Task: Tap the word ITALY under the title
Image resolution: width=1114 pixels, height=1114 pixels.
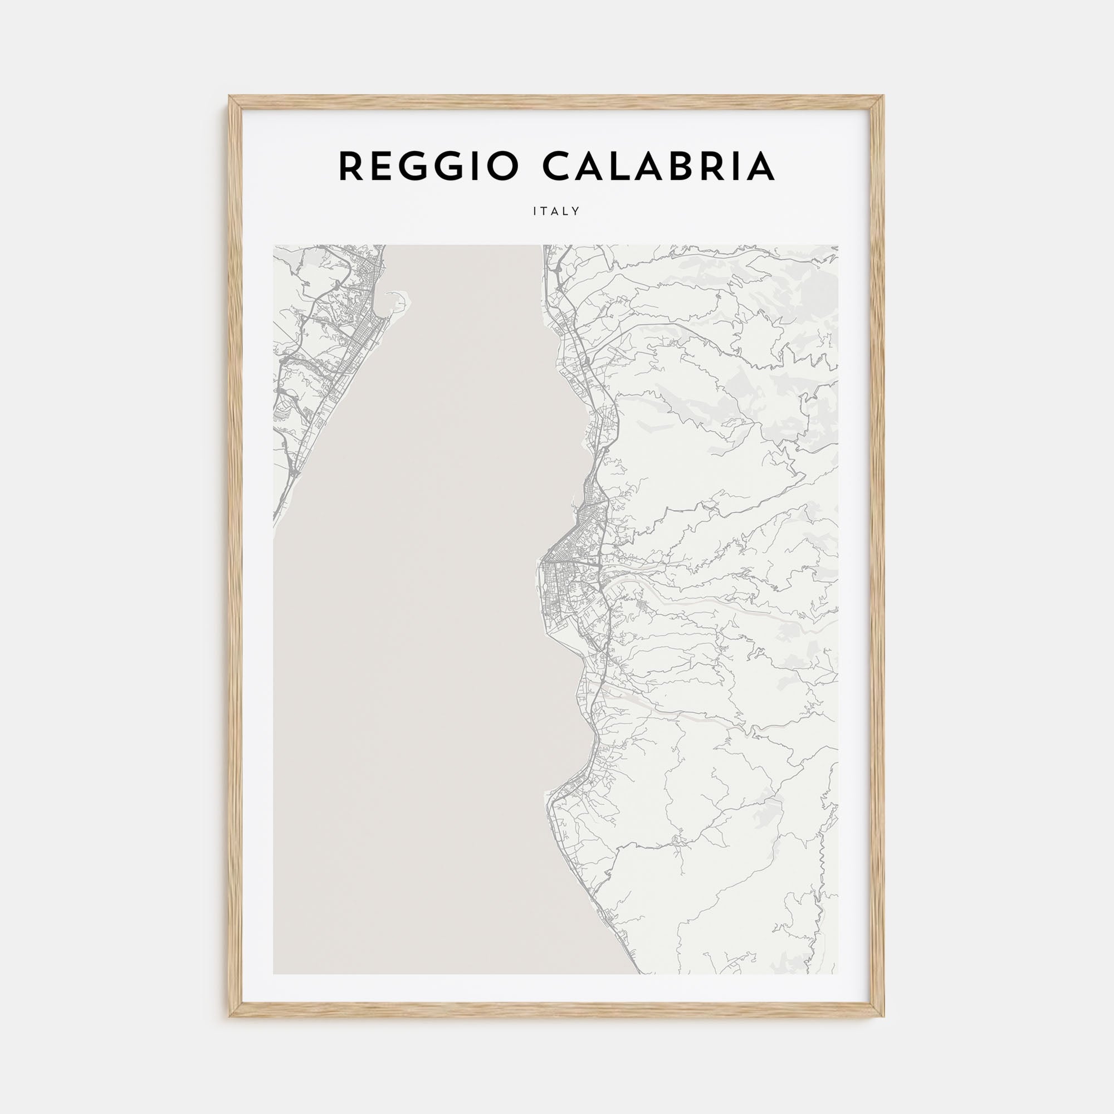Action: pyautogui.click(x=556, y=212)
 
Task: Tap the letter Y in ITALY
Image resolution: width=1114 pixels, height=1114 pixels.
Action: pyautogui.click(x=575, y=212)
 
